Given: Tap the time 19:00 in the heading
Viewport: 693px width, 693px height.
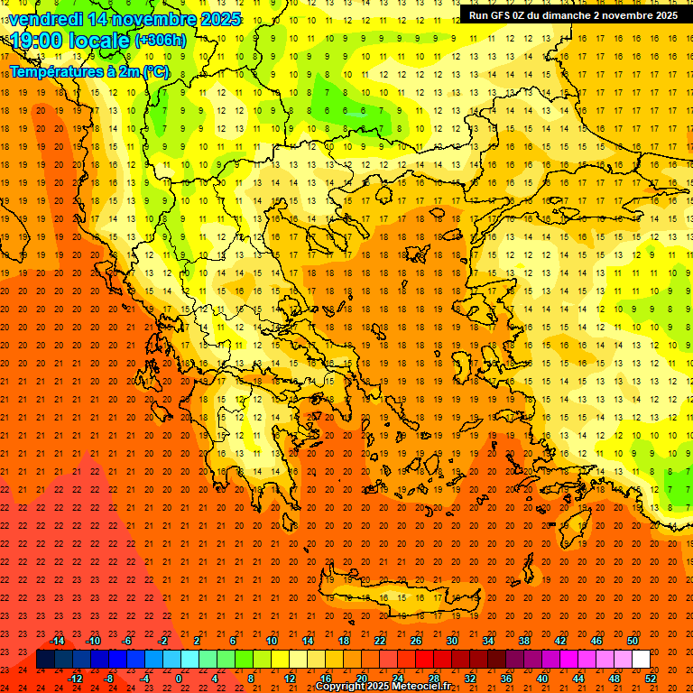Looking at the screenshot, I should [36, 41].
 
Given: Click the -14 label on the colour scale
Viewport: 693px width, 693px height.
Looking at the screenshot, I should [58, 641].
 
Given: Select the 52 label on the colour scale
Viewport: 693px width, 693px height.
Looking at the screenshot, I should [651, 678].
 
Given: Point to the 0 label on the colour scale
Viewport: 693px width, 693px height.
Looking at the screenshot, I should [180, 678].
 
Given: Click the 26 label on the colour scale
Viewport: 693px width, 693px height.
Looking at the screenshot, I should [416, 641].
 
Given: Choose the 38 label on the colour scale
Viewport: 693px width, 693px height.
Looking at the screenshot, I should [524, 641].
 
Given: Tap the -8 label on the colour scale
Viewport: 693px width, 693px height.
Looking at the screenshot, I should [109, 678].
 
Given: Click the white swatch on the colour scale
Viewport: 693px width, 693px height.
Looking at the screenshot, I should [641, 659].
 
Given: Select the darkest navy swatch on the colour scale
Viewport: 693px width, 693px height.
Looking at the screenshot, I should [45, 659].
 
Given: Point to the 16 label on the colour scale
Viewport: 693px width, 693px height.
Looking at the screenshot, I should [325, 678].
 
